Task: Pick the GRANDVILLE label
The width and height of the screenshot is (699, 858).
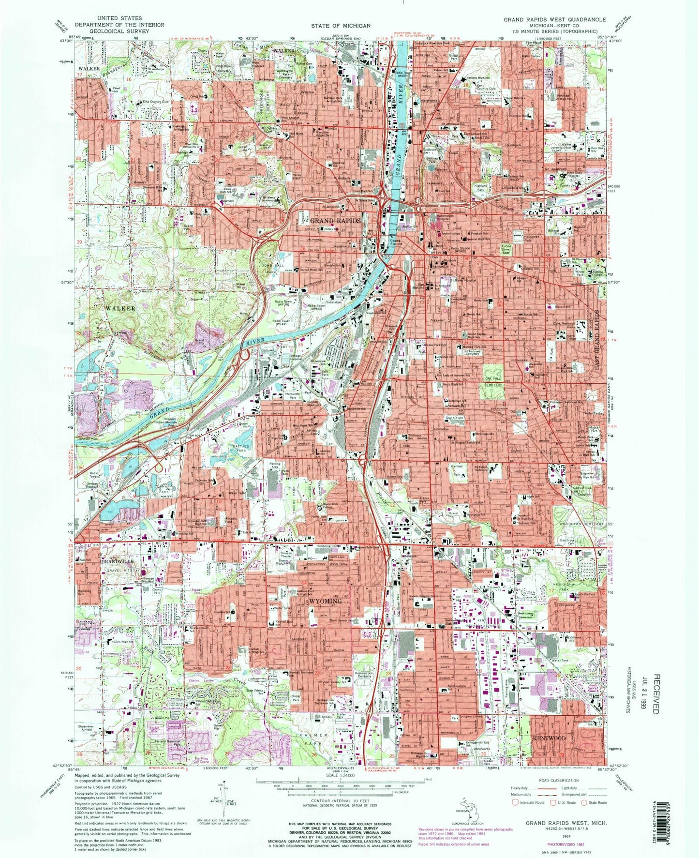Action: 117,561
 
